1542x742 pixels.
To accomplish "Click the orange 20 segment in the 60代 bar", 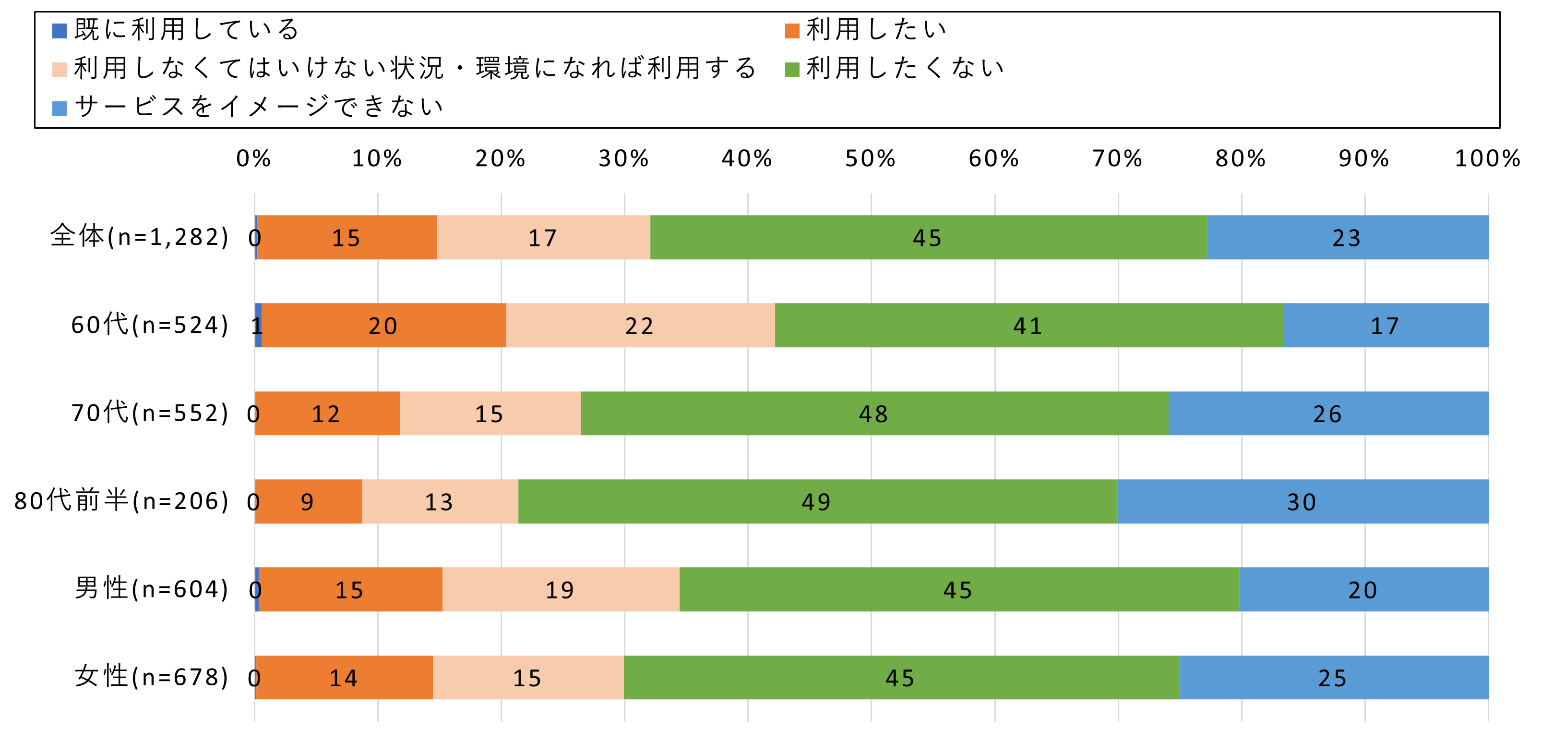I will (x=383, y=325).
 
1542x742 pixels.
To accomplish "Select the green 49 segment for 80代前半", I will (x=817, y=501).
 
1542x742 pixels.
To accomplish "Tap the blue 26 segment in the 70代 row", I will (x=1327, y=413).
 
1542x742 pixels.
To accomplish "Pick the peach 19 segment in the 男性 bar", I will (x=560, y=589).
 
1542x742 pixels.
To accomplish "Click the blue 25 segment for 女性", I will (x=1333, y=677).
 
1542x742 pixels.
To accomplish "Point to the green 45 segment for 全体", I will (x=928, y=237).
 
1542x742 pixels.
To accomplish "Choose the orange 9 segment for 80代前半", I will (x=308, y=501).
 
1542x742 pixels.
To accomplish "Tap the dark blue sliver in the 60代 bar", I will (x=259, y=325).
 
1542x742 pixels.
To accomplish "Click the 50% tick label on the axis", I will (x=871, y=158).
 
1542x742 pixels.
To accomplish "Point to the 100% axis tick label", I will (x=1487, y=158).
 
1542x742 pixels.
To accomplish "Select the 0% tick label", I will (x=254, y=158).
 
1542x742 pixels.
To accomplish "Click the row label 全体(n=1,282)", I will (x=140, y=237).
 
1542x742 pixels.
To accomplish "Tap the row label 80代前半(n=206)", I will (x=121, y=500).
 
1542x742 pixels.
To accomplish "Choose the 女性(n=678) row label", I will (x=152, y=677).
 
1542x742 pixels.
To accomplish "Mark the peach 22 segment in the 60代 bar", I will (x=640, y=325).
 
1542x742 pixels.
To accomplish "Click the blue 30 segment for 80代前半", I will (x=1302, y=501).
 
